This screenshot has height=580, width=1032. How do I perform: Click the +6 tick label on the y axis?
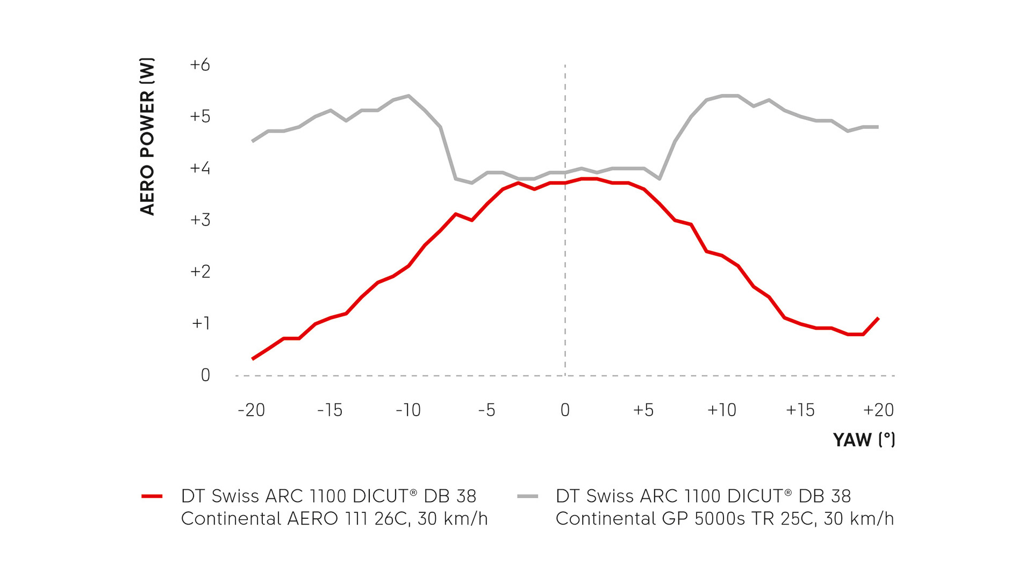pos(200,65)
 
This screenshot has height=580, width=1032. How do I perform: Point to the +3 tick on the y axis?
pos(200,220)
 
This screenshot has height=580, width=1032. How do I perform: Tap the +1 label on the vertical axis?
pos(200,323)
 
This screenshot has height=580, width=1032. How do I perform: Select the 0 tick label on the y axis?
pos(205,375)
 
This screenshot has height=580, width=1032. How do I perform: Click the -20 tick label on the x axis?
pos(252,410)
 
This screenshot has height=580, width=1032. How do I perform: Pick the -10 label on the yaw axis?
pos(408,410)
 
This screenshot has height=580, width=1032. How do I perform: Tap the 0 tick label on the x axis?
pos(565,410)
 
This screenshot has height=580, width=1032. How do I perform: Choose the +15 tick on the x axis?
pos(800,410)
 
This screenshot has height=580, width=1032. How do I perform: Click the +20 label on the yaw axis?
pos(878,410)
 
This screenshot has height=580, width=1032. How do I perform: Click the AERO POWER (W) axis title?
pos(147,136)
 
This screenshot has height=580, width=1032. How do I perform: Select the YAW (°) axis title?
pos(864,440)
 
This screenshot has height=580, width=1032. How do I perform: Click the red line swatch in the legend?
pos(152,496)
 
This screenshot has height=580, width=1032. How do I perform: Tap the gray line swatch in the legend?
pos(527,496)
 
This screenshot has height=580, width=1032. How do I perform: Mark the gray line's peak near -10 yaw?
pos(409,96)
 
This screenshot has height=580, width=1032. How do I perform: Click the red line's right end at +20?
pos(878,318)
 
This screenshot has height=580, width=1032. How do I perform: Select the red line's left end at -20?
pos(253,359)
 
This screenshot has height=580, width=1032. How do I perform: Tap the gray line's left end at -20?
pos(253,141)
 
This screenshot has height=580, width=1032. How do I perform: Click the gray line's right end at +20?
pos(878,127)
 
